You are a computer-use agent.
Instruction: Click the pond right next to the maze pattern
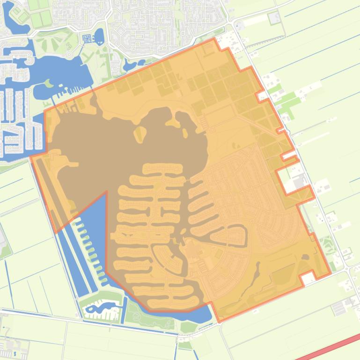click(x=99, y=36)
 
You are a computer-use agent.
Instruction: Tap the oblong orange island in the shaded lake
click(x=140, y=135)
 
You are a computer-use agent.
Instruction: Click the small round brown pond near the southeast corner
click(x=305, y=257)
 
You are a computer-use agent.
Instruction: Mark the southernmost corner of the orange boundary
click(x=218, y=322)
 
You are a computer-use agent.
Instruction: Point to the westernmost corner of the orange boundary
click(x=31, y=158)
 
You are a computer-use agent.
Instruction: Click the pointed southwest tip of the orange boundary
click(x=56, y=232)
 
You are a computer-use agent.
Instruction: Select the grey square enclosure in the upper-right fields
click(x=274, y=18)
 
